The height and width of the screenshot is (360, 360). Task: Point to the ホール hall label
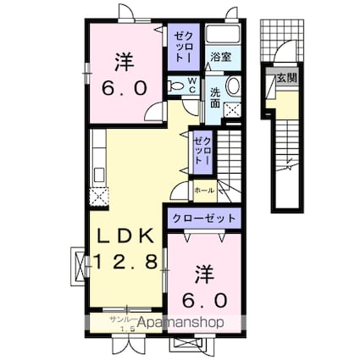point(204,191)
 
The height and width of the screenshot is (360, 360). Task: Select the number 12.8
point(125,263)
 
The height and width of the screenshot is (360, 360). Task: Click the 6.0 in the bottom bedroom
point(202,299)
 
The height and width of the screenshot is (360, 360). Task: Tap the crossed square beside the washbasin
point(231,109)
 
